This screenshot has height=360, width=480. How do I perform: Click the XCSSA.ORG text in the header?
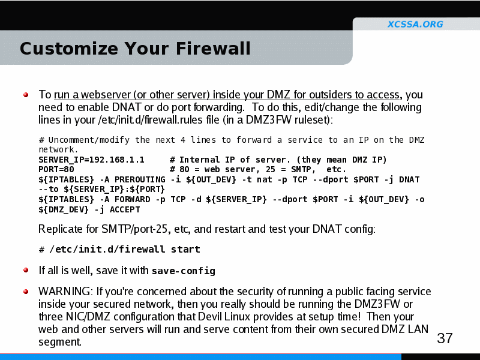point(415,24)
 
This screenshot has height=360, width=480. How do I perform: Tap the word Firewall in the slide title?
point(213,49)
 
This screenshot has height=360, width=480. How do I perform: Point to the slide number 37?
point(445,338)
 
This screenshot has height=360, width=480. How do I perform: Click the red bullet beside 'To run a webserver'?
point(26,95)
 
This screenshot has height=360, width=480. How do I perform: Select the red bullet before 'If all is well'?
point(26,270)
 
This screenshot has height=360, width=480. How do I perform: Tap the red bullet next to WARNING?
point(26,292)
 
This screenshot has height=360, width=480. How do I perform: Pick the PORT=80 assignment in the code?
point(56,170)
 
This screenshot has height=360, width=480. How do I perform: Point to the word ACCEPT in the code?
point(125,209)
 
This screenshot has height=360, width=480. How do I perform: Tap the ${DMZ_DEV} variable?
point(64,209)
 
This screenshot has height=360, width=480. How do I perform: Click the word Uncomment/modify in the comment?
point(89,140)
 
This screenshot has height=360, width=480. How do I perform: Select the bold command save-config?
point(184,271)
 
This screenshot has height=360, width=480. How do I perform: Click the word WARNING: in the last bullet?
point(65,292)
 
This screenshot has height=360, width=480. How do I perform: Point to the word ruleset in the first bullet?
point(312,119)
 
